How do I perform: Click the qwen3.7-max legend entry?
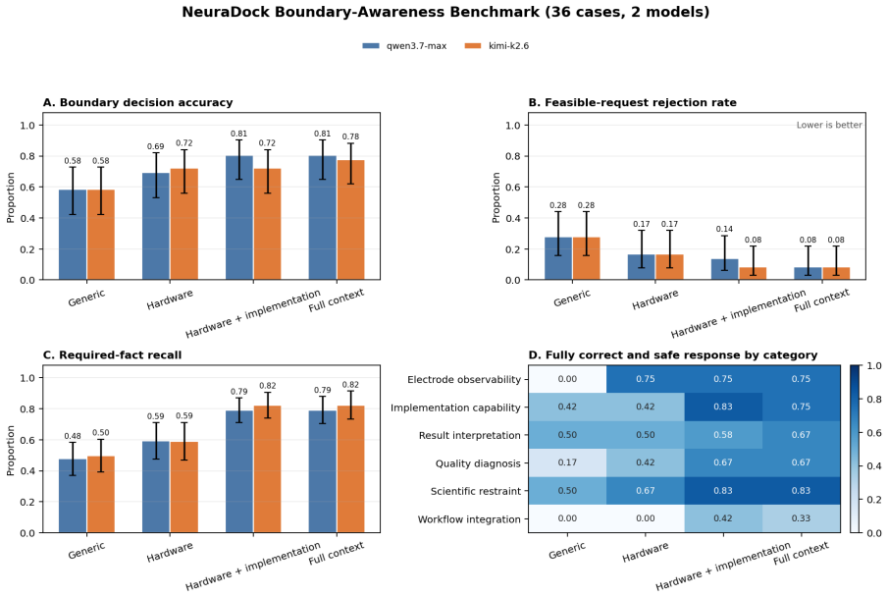pos(404,46)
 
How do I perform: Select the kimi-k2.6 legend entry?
pos(496,46)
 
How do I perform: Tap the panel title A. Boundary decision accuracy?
pos(137,103)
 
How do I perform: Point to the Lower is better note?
pos(829,125)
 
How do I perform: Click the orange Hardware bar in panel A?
pos(184,224)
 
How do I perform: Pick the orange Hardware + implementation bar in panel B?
pos(753,273)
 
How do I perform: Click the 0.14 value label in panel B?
pos(724,229)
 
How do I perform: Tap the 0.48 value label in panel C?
pos(73,436)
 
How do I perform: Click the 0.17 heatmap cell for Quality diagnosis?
pos(567,462)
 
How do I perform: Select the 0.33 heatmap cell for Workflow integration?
pos(801,518)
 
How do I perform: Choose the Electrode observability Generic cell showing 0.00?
pos(567,379)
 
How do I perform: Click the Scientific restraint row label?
pos(475,491)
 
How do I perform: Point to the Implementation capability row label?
pos(455,407)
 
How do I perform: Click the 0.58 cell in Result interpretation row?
pos(723,435)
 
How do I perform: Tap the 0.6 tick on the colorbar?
pos(874,433)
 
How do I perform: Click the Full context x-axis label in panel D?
pos(801,554)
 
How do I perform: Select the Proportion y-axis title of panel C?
pos(11,450)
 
